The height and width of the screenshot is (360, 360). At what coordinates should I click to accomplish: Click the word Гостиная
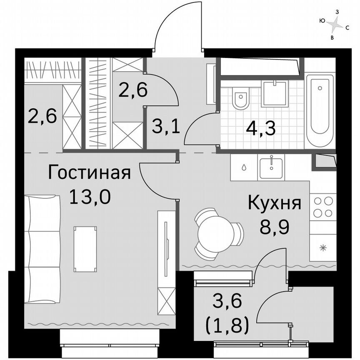[x=90, y=172]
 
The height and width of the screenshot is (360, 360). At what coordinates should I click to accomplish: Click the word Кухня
[x=274, y=204]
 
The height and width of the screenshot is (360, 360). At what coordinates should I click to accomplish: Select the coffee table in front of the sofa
[x=85, y=248]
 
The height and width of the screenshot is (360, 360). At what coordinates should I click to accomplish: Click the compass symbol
[x=334, y=26]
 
